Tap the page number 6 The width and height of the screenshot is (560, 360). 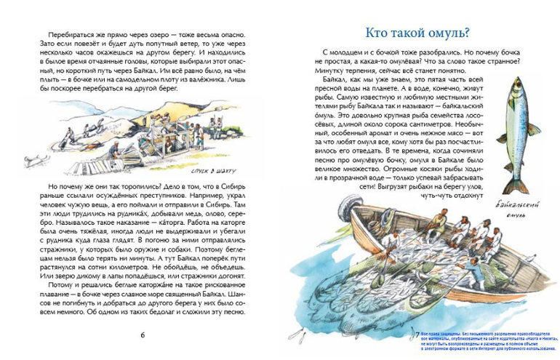[143, 335]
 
